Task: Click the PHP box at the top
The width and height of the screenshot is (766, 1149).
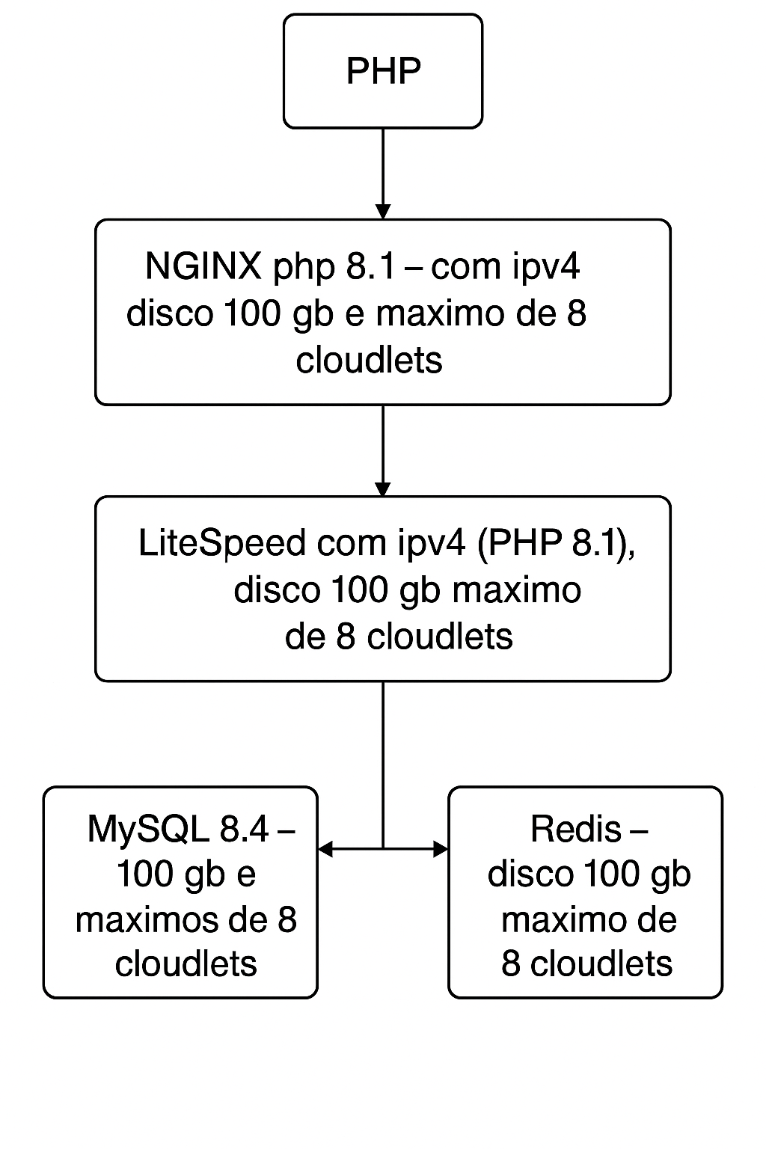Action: tap(383, 71)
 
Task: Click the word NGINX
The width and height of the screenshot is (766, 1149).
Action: tap(203, 266)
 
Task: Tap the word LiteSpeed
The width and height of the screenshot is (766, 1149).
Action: tap(222, 542)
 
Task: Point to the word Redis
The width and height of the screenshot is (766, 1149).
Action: tap(576, 829)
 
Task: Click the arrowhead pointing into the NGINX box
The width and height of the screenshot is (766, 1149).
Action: tap(383, 211)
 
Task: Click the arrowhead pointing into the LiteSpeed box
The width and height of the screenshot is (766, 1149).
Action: tap(383, 488)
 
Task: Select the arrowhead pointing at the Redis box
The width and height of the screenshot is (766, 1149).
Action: tap(441, 848)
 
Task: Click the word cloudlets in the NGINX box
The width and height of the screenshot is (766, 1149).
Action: tap(369, 360)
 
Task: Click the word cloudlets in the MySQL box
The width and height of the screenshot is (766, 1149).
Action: tap(186, 963)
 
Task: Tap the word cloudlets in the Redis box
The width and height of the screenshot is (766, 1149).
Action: tap(601, 963)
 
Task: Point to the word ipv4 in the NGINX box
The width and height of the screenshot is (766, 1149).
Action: tap(547, 266)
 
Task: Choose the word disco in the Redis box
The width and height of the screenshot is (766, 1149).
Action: tap(531, 874)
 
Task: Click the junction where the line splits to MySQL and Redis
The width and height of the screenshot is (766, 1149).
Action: tap(383, 848)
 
